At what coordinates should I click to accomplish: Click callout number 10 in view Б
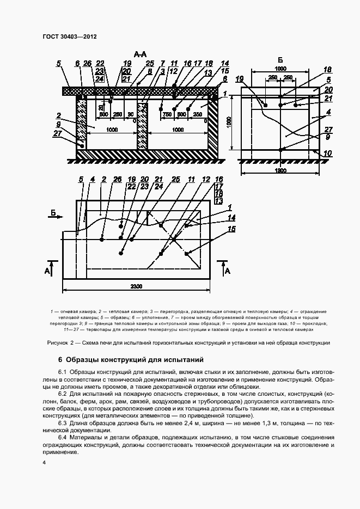[327, 154]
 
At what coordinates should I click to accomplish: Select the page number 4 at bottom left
[44, 463]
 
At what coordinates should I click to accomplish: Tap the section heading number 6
[60, 360]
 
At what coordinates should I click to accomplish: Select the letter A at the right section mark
[228, 270]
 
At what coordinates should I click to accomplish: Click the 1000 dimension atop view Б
[280, 70]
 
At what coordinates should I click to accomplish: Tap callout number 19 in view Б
[240, 79]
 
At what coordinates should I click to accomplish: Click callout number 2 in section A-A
[57, 115]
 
